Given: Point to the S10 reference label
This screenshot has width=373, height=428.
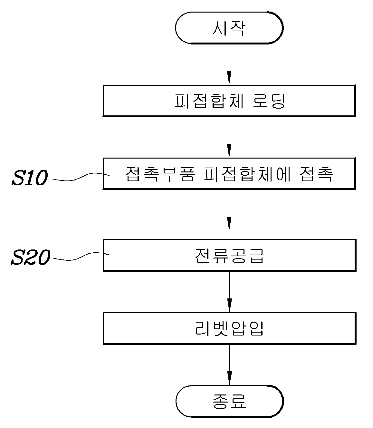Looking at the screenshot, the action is [30, 178].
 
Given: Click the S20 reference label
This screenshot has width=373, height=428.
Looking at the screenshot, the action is [31, 257].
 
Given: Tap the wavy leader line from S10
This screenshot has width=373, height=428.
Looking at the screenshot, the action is [81, 177].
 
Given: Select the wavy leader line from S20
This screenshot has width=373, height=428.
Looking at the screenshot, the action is [82, 256].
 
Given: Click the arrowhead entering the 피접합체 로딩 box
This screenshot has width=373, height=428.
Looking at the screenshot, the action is [229, 78].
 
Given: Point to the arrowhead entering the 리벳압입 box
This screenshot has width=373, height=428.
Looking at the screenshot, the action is [230, 305].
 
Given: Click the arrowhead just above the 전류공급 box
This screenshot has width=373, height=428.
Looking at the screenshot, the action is [229, 224].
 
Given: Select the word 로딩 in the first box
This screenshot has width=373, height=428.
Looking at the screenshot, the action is [269, 101].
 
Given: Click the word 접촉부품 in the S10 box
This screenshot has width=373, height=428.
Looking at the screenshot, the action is [160, 174].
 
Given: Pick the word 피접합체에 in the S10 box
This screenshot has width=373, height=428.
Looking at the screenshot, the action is [247, 174].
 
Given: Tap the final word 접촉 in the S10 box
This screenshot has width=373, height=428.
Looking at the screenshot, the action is [316, 174].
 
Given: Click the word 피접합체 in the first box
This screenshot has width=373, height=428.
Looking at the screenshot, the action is [209, 101].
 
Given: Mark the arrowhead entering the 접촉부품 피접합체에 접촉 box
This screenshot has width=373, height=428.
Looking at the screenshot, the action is [229, 151].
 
